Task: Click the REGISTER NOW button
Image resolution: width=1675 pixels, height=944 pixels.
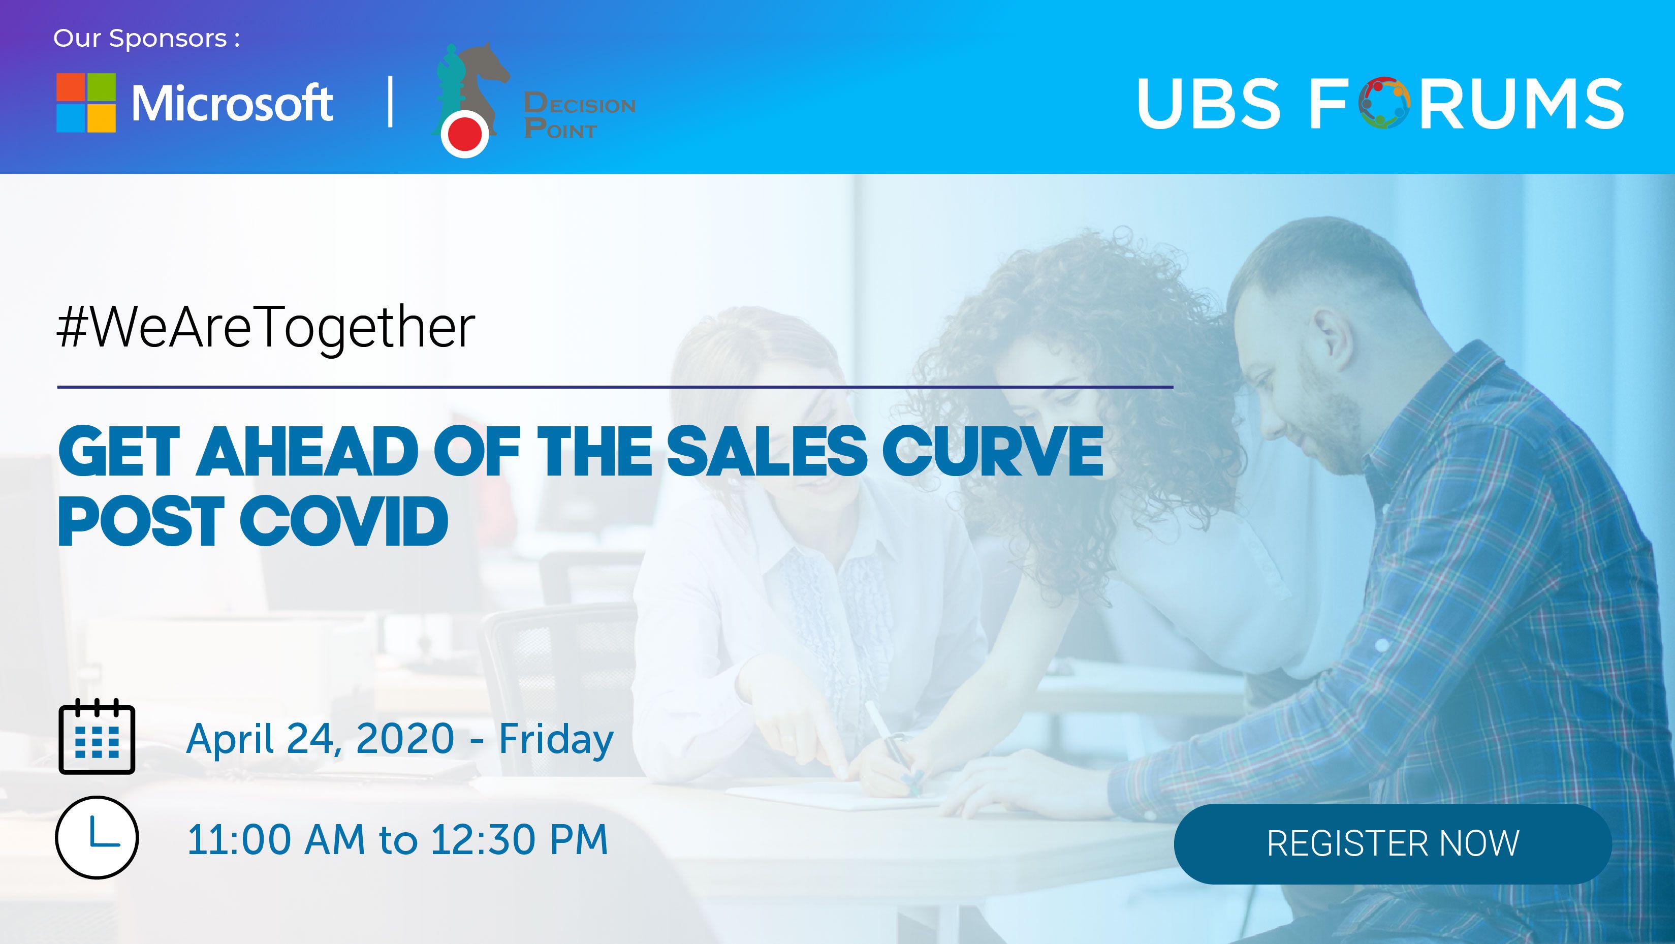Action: click(1393, 843)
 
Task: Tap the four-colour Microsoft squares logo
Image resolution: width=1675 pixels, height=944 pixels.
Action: click(86, 103)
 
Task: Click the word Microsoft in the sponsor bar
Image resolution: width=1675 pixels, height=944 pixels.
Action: click(232, 103)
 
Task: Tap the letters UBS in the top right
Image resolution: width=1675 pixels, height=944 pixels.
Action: click(1209, 103)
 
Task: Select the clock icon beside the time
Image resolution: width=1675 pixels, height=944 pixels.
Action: click(97, 837)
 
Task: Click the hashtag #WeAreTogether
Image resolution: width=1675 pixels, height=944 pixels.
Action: click(266, 328)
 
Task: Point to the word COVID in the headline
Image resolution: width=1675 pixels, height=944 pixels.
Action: click(344, 521)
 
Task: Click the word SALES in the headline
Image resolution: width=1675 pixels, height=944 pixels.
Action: click(767, 451)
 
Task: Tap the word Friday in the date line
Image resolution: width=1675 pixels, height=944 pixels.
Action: click(556, 740)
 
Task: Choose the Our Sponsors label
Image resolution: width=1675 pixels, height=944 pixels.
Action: click(146, 38)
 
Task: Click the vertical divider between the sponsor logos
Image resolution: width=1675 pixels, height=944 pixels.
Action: click(390, 102)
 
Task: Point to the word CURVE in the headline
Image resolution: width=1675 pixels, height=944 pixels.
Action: click(992, 451)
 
